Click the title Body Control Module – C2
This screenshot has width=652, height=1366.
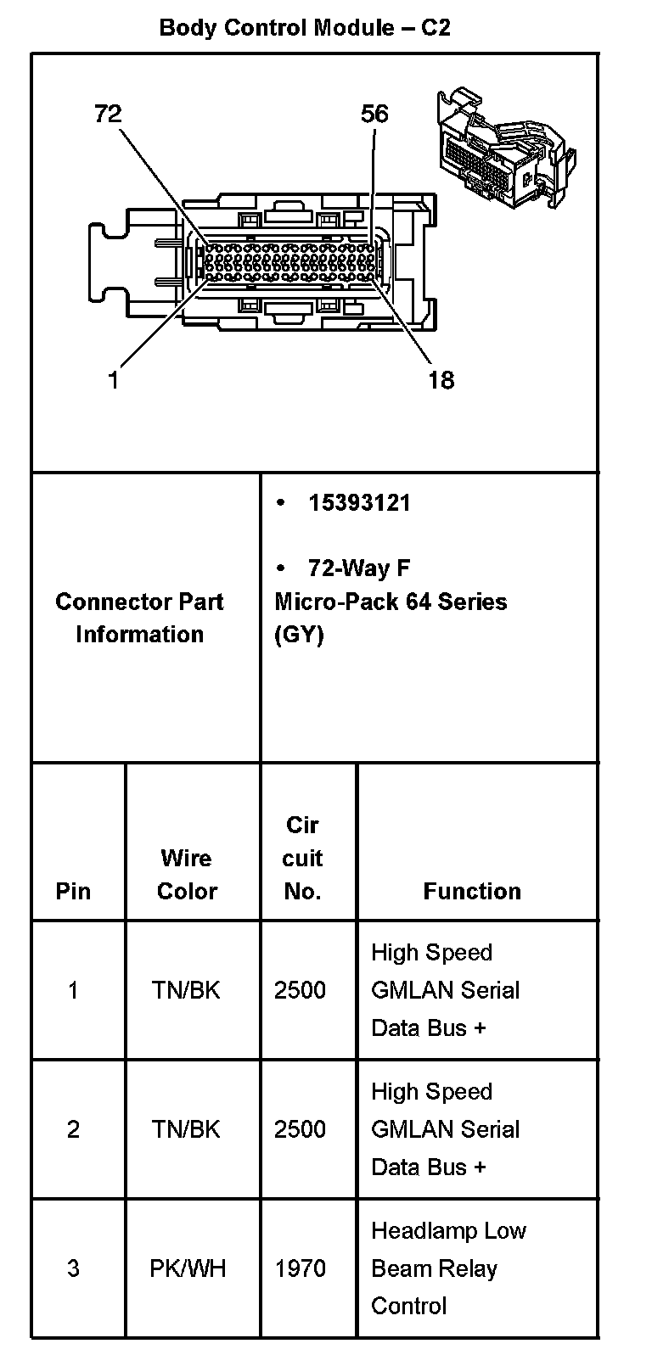click(x=305, y=27)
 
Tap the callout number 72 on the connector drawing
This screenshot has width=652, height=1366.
click(x=108, y=114)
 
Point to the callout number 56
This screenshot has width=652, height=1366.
click(x=374, y=114)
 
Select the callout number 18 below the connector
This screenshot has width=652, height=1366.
click(x=441, y=379)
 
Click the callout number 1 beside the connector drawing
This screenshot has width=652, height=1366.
click(x=113, y=379)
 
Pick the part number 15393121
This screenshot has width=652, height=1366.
click(x=359, y=503)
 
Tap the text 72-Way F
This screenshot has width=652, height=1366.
click(x=359, y=568)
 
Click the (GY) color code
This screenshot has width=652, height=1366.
click(x=299, y=635)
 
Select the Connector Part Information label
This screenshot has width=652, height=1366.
click(x=139, y=618)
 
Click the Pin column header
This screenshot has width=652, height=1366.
click(x=73, y=891)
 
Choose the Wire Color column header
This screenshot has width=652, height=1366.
click(x=187, y=874)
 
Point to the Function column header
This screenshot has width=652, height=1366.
click(x=472, y=891)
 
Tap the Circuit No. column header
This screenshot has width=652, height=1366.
click(x=302, y=858)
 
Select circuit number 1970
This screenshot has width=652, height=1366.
click(x=301, y=1268)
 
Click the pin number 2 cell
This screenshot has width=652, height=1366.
click(x=73, y=1129)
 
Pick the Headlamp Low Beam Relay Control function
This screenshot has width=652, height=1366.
click(x=448, y=1268)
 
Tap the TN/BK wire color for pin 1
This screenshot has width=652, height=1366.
click(x=186, y=990)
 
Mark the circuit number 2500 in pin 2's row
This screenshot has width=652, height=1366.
click(x=300, y=1129)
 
